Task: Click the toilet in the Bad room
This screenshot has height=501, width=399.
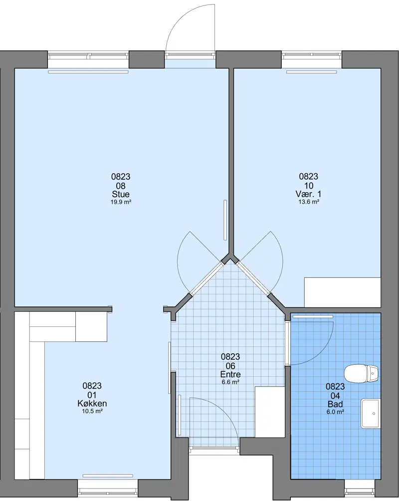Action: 361,373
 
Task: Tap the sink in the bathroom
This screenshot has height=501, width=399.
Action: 371,414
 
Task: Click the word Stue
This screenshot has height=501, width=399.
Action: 121,194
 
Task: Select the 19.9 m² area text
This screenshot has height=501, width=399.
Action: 121,202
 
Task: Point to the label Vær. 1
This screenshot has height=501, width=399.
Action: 309,194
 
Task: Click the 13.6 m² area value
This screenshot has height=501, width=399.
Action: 309,202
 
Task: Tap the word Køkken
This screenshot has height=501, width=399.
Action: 92,404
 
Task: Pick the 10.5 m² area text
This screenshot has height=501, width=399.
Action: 92,411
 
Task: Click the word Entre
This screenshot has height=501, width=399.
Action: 230,374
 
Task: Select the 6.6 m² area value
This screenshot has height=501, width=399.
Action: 230,382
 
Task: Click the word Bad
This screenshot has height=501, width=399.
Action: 335,404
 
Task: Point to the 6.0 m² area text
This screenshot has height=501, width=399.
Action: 335,412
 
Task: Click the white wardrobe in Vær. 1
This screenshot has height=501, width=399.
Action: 343,293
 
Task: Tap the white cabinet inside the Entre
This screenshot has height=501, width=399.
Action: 270,412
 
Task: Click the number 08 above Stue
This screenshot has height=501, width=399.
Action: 121,186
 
